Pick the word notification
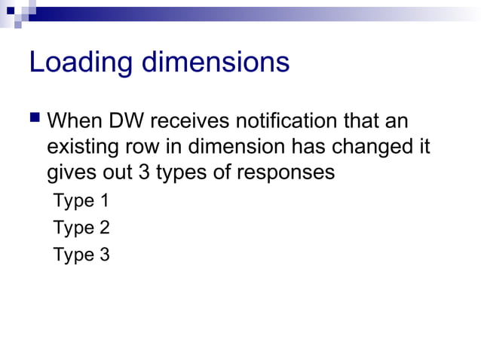tap(292, 121)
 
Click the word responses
tap(286, 172)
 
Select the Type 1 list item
tap(81, 201)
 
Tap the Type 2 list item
tap(81, 227)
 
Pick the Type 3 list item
tap(81, 255)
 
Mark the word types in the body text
tap(185, 172)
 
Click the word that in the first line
tap(363, 121)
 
